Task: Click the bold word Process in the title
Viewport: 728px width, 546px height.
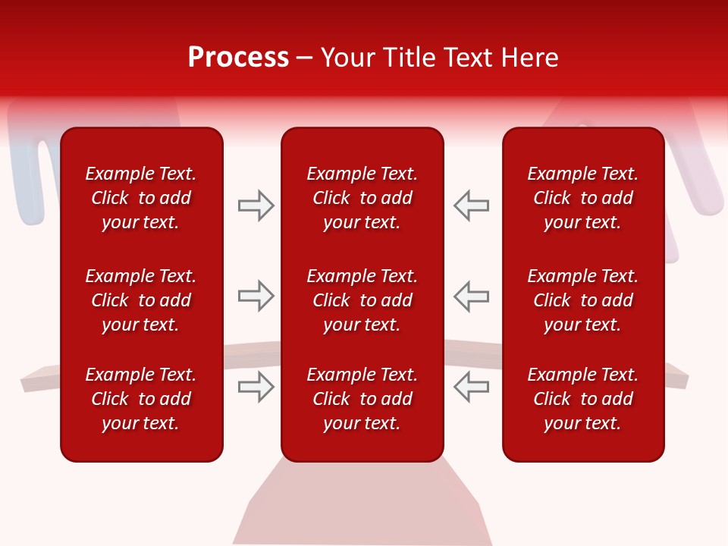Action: (238, 58)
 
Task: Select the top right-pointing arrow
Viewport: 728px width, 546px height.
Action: (256, 206)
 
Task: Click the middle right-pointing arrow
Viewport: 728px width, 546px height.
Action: (256, 296)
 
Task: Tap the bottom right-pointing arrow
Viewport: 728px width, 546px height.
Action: (256, 387)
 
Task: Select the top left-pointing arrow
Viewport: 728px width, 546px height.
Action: (471, 206)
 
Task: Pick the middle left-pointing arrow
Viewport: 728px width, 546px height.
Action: (471, 296)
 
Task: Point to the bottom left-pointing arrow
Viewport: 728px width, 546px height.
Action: (471, 387)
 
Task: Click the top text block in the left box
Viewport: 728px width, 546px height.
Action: (141, 198)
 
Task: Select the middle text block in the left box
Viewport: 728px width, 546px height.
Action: (141, 300)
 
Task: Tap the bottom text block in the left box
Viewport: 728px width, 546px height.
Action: (141, 399)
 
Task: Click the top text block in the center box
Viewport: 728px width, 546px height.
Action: (362, 198)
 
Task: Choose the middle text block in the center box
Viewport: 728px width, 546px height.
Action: (362, 300)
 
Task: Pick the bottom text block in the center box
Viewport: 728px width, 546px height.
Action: (362, 399)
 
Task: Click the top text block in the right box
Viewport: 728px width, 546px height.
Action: (582, 198)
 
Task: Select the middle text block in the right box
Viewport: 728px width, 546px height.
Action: (582, 300)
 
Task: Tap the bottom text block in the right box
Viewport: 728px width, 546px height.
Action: (582, 399)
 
